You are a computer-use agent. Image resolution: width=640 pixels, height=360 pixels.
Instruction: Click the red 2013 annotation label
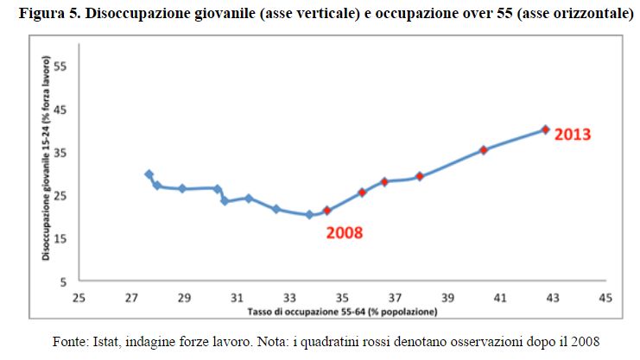click(573, 135)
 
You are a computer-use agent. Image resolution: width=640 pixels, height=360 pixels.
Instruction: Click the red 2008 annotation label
click(344, 233)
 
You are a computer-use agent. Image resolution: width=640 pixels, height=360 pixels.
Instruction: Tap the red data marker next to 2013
click(545, 129)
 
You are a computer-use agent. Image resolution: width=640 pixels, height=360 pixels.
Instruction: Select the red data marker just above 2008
click(327, 211)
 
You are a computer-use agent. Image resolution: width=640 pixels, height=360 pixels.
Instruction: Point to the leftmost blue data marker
click(149, 174)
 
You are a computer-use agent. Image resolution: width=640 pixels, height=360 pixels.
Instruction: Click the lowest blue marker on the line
click(309, 215)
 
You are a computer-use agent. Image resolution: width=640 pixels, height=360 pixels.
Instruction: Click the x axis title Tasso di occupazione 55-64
click(342, 310)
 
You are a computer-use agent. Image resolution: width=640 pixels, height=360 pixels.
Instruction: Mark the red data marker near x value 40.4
click(484, 150)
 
